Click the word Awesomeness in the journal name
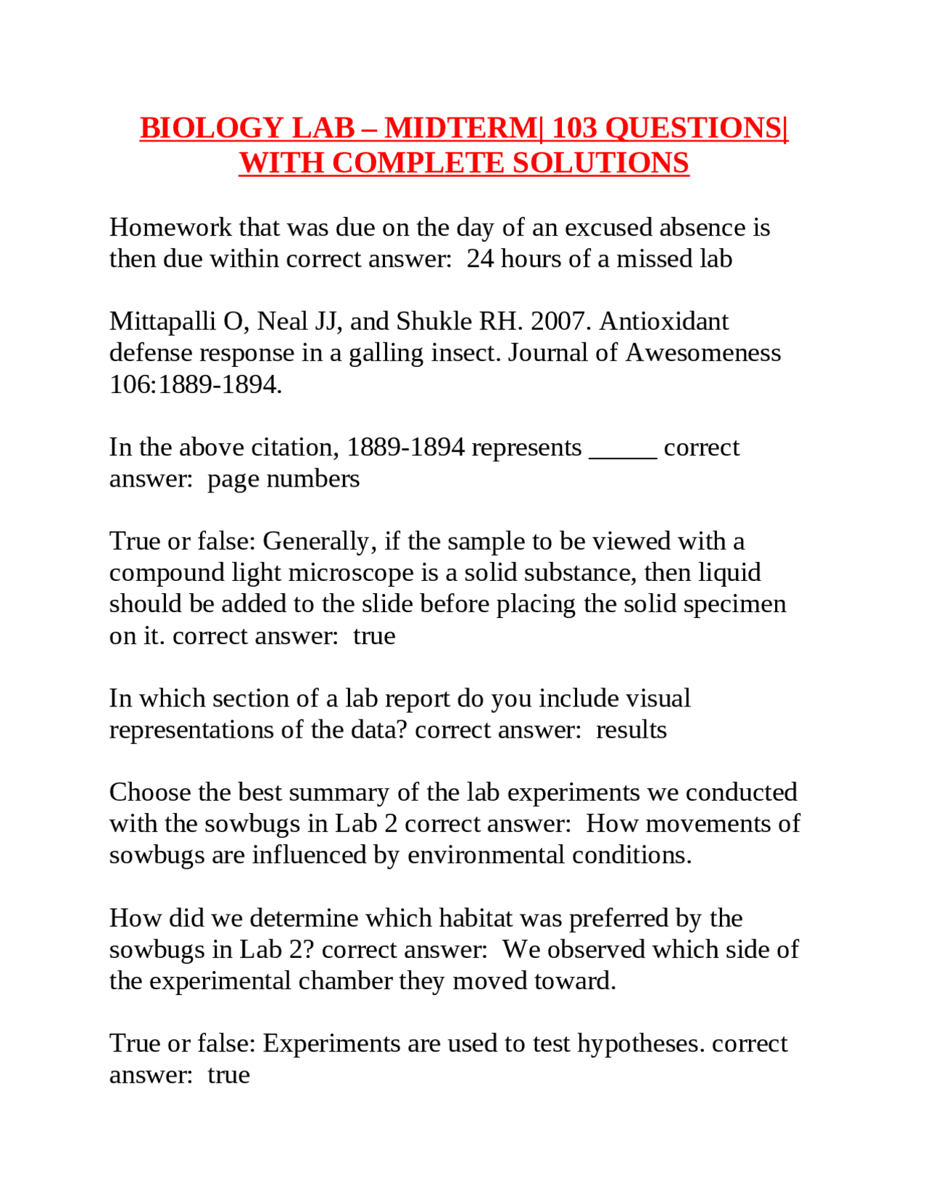pos(703,352)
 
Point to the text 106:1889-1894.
pos(195,384)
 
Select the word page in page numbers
pos(233,480)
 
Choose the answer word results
pos(631,729)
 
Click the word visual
pos(658,698)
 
